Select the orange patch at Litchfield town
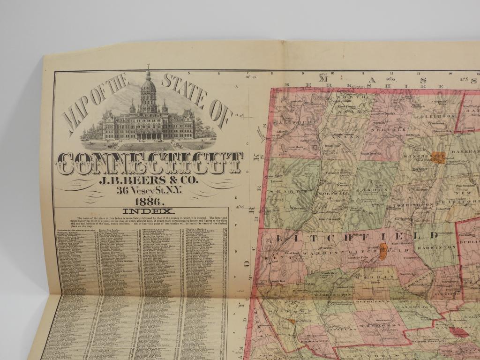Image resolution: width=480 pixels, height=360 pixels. pyautogui.click(x=383, y=252)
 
